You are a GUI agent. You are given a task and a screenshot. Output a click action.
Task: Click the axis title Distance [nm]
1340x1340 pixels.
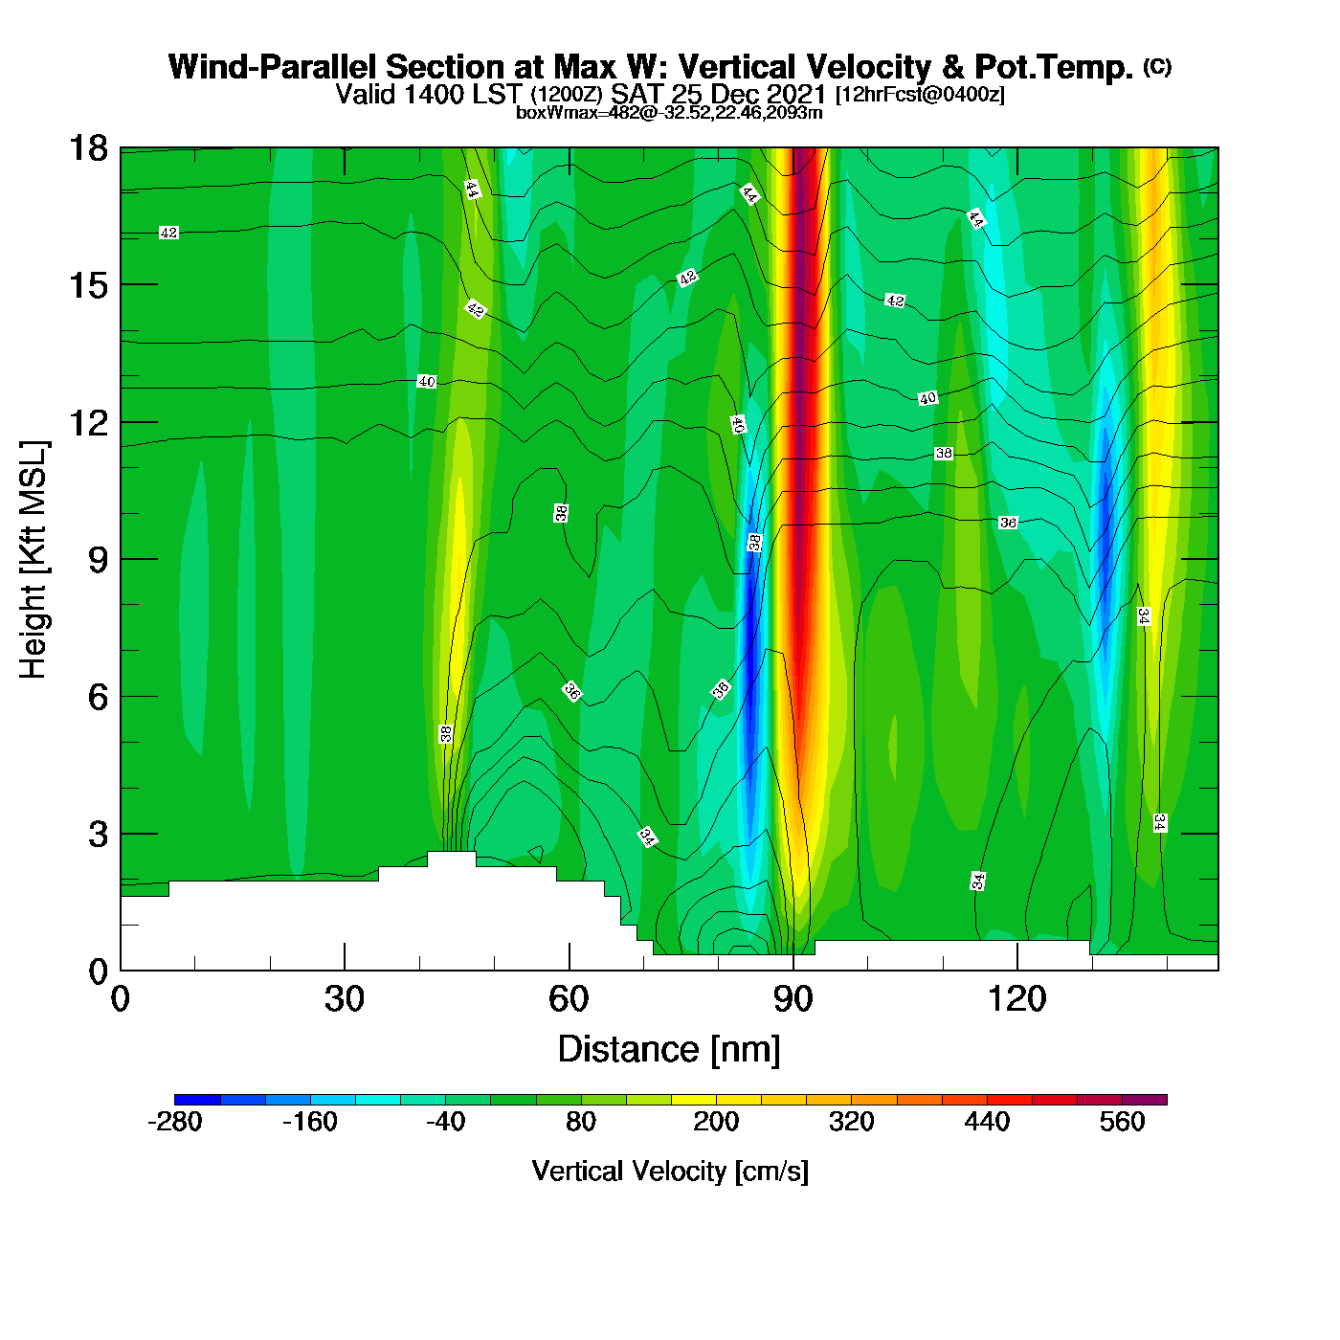(x=669, y=1050)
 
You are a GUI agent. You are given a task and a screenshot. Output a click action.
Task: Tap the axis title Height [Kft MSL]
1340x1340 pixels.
(x=33, y=560)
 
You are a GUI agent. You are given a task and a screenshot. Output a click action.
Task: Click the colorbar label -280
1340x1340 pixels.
(x=175, y=1122)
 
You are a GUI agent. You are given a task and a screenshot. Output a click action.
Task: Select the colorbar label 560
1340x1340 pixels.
(x=1122, y=1122)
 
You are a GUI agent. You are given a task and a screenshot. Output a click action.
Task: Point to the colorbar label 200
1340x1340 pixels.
(x=716, y=1122)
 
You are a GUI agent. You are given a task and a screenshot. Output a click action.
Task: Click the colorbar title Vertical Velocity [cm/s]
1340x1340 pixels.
(x=670, y=1172)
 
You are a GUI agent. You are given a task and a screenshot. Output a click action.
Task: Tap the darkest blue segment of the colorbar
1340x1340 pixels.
(x=197, y=1100)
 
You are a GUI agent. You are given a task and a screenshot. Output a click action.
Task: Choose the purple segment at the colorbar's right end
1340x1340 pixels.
(x=1145, y=1100)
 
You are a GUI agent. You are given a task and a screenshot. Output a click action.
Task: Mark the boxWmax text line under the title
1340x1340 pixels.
(x=669, y=112)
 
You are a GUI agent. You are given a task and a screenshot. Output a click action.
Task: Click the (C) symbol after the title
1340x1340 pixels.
(x=1157, y=66)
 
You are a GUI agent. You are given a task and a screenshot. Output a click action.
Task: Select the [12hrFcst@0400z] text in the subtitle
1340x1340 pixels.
(x=920, y=95)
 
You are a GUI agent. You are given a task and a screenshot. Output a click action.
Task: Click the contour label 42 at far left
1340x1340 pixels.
(x=168, y=233)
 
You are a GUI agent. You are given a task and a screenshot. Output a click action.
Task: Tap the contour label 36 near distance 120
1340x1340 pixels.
(x=1008, y=523)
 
